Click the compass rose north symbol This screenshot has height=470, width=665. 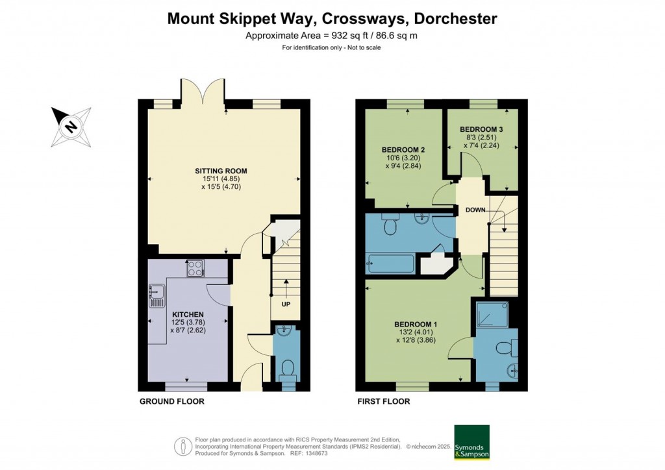(x=71, y=127)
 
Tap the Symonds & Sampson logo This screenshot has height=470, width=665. (x=471, y=442)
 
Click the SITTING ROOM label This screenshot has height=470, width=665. (x=221, y=171)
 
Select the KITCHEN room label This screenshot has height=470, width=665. (x=188, y=314)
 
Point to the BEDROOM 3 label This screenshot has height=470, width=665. (x=481, y=129)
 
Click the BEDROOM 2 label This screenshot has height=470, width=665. (x=403, y=150)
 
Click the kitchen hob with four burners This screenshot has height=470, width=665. (x=195, y=268)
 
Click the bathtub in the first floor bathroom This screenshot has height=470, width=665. (x=390, y=264)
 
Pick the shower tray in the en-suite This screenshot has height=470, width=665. (x=492, y=314)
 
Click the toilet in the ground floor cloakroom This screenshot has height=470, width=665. (x=288, y=369)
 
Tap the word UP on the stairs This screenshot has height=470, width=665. (x=286, y=304)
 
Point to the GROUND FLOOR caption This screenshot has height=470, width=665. (x=172, y=401)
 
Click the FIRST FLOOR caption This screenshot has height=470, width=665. (x=384, y=401)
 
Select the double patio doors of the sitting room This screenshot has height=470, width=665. (x=203, y=91)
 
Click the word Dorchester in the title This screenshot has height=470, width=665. (x=455, y=19)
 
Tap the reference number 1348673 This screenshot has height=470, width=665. (x=316, y=454)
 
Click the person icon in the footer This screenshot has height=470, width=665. (x=183, y=447)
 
